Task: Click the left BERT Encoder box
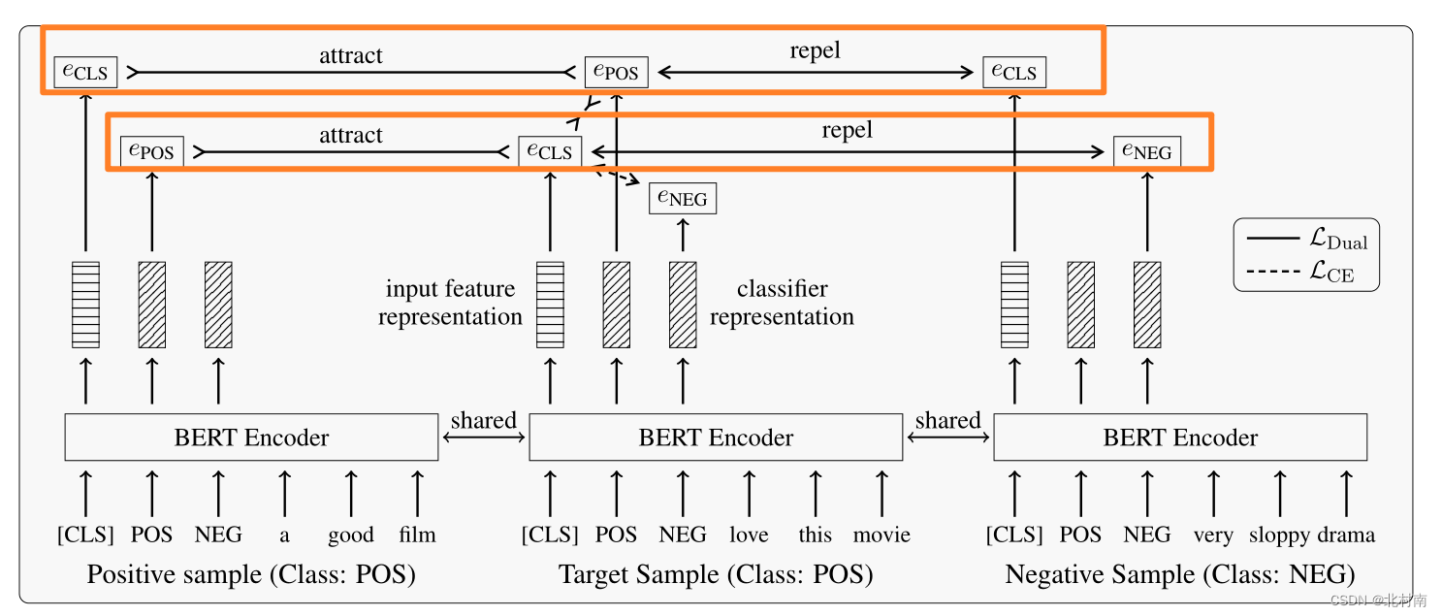(251, 438)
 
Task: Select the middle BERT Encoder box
(716, 438)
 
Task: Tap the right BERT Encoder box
(1180, 438)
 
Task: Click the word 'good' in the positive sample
(350, 535)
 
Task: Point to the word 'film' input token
(417, 535)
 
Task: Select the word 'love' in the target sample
(749, 535)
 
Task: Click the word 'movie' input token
(881, 535)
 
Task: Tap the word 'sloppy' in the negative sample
(1279, 535)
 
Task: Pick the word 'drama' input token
(1346, 535)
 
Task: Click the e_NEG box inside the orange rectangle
(1147, 151)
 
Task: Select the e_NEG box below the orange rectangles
(683, 199)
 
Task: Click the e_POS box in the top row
(616, 72)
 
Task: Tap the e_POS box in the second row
(152, 151)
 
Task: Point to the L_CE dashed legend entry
(1304, 272)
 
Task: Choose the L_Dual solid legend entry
(1304, 238)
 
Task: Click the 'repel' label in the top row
(815, 51)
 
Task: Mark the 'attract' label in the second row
(351, 135)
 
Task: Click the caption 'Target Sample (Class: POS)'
(716, 575)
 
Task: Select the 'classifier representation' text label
(782, 303)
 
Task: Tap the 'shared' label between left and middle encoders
(483, 420)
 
